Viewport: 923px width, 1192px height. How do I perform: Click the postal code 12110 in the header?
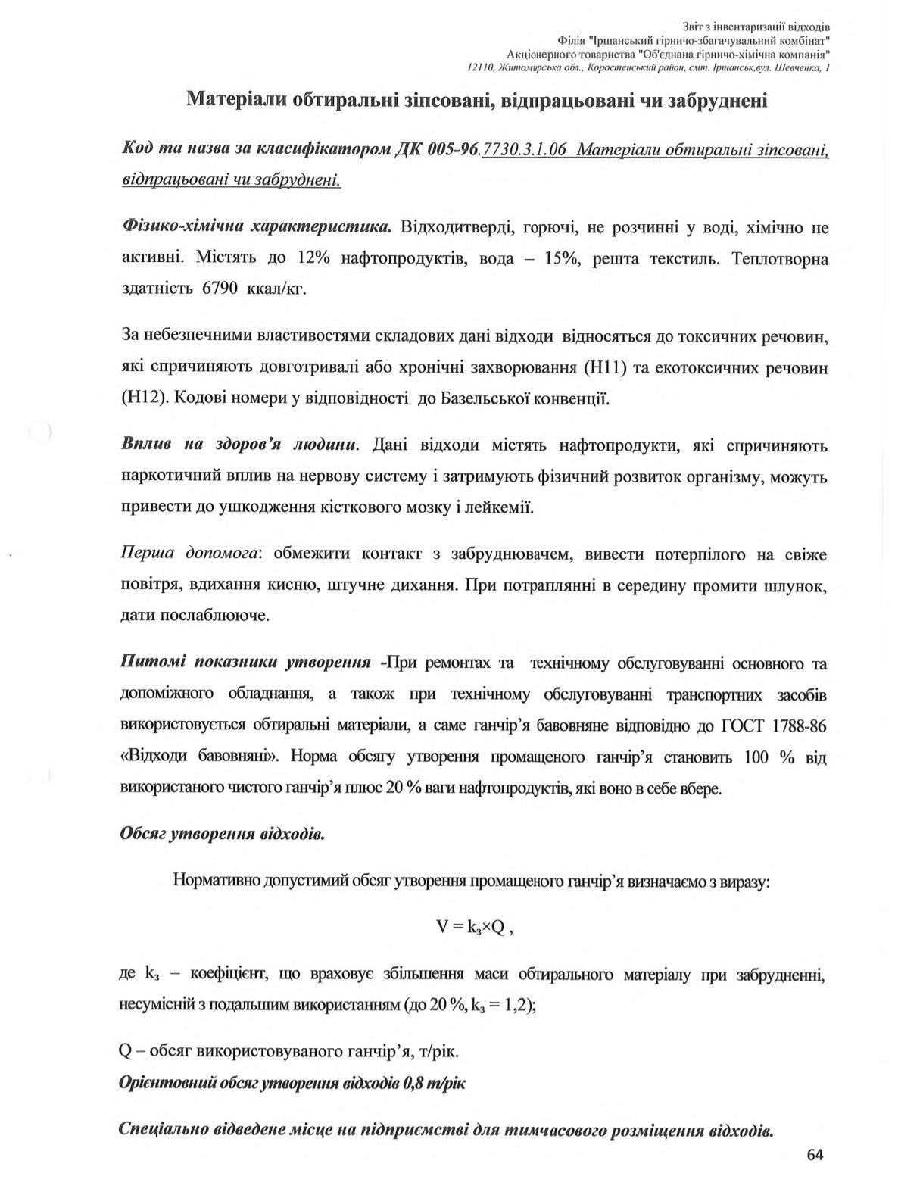(x=480, y=67)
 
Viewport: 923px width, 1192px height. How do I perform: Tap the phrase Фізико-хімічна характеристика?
(x=256, y=227)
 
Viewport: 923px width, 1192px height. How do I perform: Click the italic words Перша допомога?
(x=190, y=554)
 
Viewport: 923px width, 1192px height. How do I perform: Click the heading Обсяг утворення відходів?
(x=223, y=835)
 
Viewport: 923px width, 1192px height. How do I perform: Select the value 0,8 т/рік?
(x=435, y=1083)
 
